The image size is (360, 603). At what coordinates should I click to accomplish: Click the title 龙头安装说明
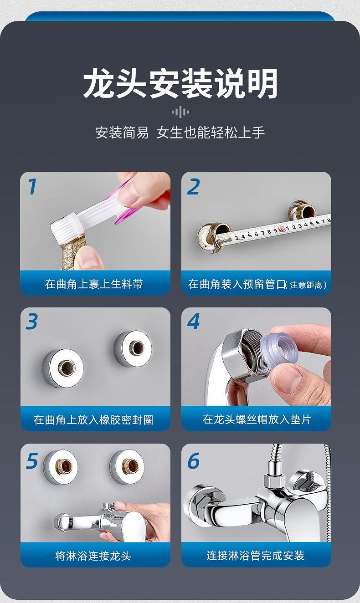(x=180, y=83)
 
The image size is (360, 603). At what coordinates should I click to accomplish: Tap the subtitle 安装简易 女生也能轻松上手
(x=180, y=132)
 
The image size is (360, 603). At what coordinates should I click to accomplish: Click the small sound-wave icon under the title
(x=180, y=112)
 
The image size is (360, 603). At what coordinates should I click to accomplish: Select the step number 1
(x=32, y=186)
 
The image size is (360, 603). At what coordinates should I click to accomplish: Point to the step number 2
(x=194, y=186)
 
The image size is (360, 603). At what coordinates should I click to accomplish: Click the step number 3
(x=32, y=322)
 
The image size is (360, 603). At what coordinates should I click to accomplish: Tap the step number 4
(x=194, y=322)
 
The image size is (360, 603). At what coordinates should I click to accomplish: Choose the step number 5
(x=32, y=460)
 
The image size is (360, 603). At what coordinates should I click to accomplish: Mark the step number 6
(x=194, y=460)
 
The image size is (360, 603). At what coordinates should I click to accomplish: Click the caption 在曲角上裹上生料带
(x=94, y=284)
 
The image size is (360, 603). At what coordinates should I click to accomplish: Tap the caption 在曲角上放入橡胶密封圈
(x=93, y=419)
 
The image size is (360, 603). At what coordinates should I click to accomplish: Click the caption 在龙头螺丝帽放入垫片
(x=257, y=419)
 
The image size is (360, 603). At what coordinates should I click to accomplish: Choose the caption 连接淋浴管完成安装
(x=256, y=555)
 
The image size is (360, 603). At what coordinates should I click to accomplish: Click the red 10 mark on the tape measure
(x=282, y=230)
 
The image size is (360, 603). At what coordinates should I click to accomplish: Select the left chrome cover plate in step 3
(x=63, y=368)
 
